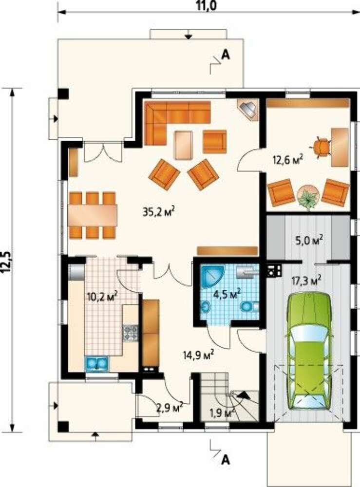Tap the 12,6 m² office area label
[288, 160]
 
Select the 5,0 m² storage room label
[309, 240]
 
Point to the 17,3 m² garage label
[306, 281]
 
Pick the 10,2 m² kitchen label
[102, 296]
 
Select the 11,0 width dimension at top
[206, 6]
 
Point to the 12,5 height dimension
[6, 262]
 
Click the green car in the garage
[309, 350]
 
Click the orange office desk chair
[320, 148]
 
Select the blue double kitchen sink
[97, 363]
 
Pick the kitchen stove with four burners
[131, 332]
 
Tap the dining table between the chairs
[93, 215]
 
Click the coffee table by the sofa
[184, 145]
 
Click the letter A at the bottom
[226, 459]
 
